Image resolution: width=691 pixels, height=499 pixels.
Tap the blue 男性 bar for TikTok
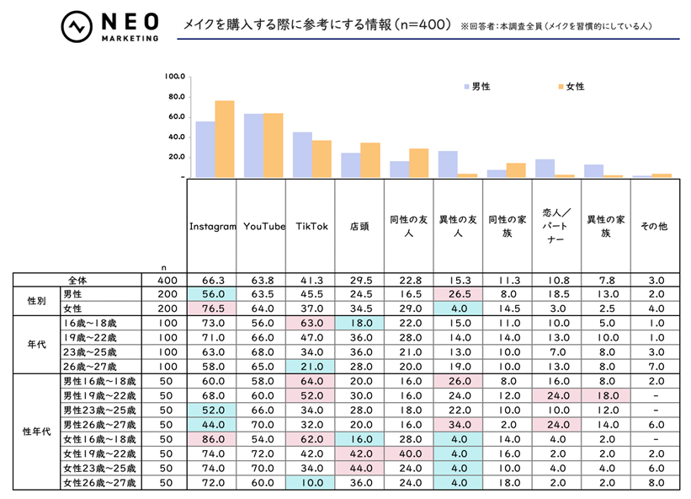[302, 155]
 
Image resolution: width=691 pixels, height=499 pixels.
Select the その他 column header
[653, 227]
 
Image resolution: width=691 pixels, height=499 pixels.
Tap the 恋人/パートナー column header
[555, 227]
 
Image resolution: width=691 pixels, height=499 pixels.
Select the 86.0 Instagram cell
[211, 440]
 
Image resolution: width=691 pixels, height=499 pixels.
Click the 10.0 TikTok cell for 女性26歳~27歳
[310, 483]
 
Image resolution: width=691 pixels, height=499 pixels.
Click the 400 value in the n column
[163, 279]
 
